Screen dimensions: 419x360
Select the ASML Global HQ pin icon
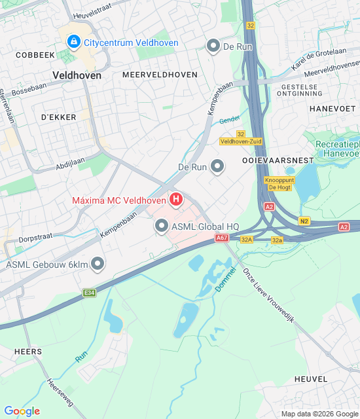162,226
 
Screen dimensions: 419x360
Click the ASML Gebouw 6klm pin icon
98,264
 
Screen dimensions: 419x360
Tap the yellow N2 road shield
304,221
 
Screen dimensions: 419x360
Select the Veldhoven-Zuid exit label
240,141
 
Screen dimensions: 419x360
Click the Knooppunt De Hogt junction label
279,183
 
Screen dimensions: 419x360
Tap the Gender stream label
230,120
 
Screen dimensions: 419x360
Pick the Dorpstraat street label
35,239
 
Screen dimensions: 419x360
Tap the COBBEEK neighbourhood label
35,56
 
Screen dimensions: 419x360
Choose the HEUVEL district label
310,379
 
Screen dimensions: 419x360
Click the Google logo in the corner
22,411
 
